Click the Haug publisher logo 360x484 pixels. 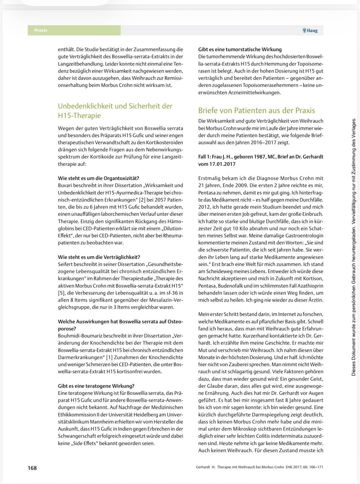coord(310,31)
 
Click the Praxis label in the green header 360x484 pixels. coord(41,30)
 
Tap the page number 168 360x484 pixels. coord(32,468)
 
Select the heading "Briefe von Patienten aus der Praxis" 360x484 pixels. coord(256,111)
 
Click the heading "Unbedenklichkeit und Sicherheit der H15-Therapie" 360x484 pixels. coord(115,111)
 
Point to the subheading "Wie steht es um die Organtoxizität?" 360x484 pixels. coord(98,178)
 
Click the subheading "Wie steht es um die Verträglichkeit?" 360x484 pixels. coord(99,257)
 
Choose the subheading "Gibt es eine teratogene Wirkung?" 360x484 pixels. coord(96,386)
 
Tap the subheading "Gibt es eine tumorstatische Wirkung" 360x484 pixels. coord(240,49)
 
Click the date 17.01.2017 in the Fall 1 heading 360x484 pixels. coord(222,164)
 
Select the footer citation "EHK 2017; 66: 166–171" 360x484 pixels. coord(304,467)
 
